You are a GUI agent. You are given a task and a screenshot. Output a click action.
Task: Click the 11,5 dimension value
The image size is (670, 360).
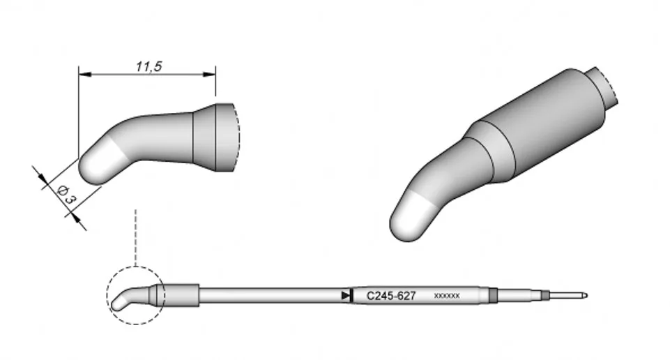pyautogui.click(x=149, y=66)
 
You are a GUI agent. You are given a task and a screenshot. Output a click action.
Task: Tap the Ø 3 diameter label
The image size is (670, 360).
pyautogui.click(x=67, y=194)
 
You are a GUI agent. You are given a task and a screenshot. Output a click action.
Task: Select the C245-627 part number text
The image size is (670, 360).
pyautogui.click(x=391, y=296)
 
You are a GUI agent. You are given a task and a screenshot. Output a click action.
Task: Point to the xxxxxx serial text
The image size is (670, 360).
pyautogui.click(x=446, y=296)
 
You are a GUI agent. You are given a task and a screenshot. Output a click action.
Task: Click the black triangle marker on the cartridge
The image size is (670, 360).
pyautogui.click(x=345, y=295)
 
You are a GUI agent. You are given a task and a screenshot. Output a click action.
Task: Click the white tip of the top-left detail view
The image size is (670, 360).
pyautogui.click(x=97, y=163)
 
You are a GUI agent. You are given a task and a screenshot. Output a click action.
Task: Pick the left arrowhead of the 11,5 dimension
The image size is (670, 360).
pyautogui.click(x=85, y=75)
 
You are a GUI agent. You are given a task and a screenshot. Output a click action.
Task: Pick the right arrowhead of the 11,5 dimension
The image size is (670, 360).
pyautogui.click(x=209, y=75)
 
